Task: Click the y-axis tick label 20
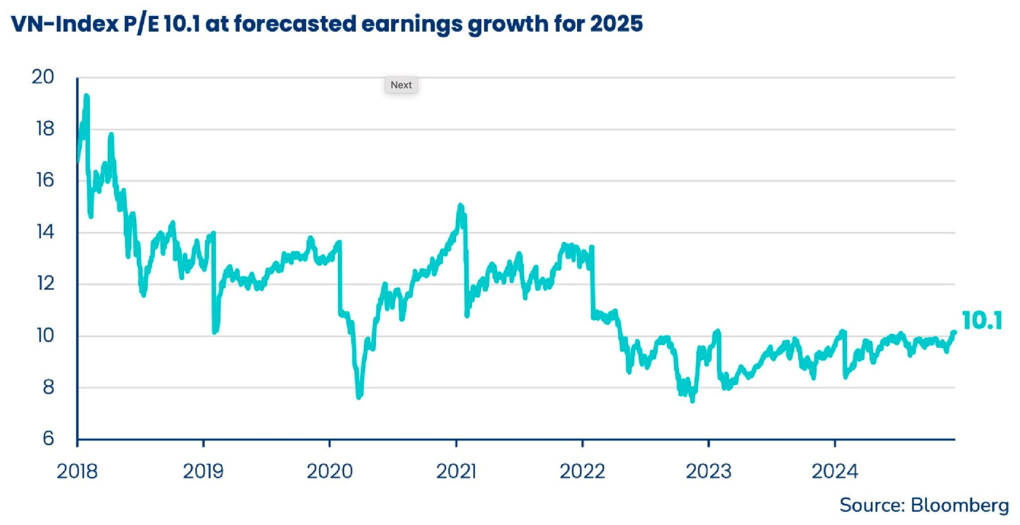coord(43,77)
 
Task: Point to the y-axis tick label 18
coord(45,129)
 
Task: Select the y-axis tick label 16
coord(45,180)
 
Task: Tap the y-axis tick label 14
coord(45,232)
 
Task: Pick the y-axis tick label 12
coord(45,284)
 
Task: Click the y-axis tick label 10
coord(45,335)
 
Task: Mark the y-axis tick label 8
coord(48,387)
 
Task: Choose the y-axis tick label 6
coord(48,438)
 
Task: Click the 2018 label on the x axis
coord(77,471)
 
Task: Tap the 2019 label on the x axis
coord(203,471)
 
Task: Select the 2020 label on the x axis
coord(330,471)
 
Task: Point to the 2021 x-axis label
coord(456,471)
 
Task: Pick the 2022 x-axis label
coord(582,471)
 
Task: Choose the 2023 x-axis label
coord(708,471)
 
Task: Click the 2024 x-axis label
coord(834,471)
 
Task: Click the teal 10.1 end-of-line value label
coord(982,320)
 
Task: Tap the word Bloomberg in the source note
coord(959,505)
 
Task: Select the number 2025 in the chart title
coord(616,24)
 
